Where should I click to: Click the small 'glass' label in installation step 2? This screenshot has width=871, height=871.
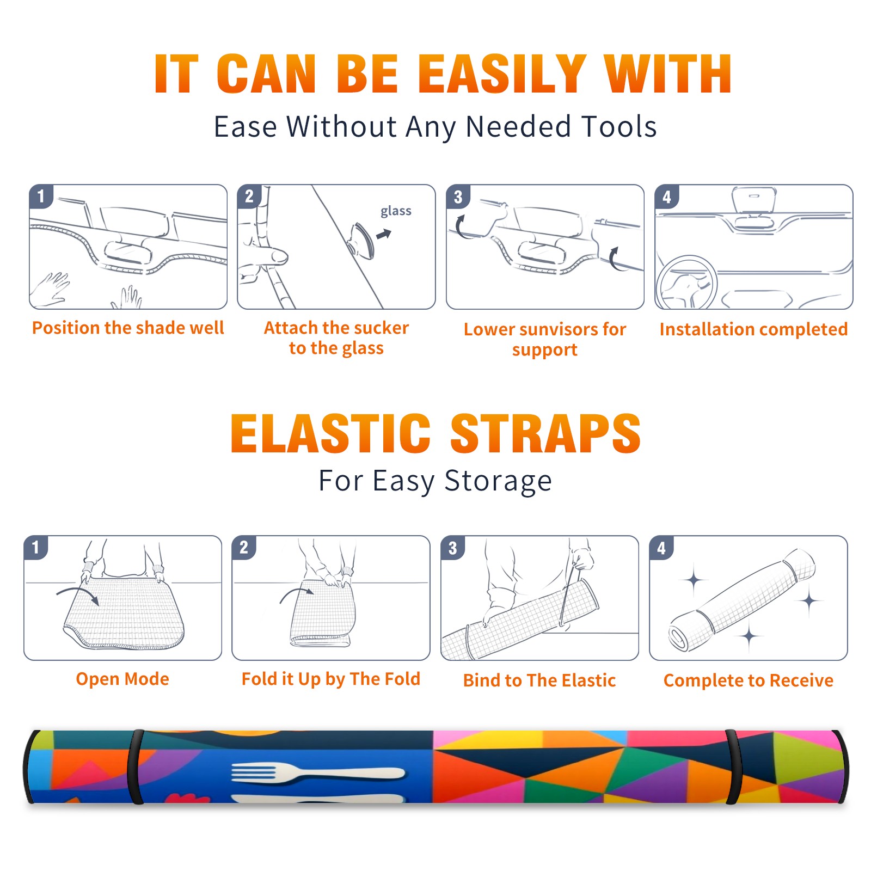tap(396, 211)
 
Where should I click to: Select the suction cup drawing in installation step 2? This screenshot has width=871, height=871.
tap(361, 241)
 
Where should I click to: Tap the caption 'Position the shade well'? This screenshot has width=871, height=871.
tap(128, 328)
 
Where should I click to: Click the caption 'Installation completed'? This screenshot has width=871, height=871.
tap(753, 329)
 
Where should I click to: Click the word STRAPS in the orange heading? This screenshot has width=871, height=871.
tap(545, 433)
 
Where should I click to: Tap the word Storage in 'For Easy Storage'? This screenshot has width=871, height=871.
tap(498, 481)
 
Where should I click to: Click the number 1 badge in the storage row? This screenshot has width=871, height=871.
tap(36, 547)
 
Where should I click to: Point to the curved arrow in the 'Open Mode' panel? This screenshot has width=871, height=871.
tap(78, 594)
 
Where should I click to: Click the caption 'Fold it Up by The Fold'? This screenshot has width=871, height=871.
tap(331, 679)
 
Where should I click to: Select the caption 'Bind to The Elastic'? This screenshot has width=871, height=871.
tap(539, 680)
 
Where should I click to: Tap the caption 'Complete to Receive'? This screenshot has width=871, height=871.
tap(749, 680)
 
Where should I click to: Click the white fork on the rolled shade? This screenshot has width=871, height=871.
tap(318, 773)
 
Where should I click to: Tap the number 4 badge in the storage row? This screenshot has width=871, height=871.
tap(661, 548)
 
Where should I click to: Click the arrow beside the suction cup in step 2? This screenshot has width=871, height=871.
tap(384, 234)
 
